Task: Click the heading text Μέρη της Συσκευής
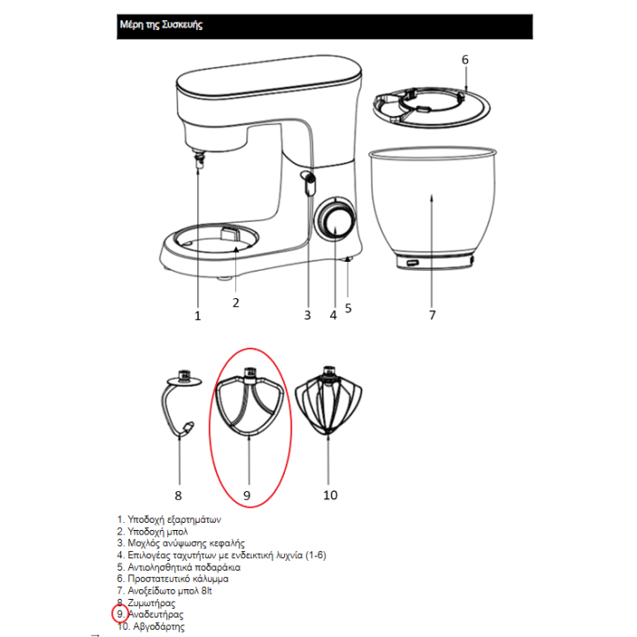tap(161, 25)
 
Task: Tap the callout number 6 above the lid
tap(464, 60)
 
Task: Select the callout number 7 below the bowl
tap(433, 315)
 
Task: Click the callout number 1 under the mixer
tap(198, 316)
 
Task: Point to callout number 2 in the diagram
tap(235, 303)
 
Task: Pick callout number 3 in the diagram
tap(308, 315)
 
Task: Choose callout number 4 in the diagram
tap(334, 315)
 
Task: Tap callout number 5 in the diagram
tap(349, 309)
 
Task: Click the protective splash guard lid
tap(432, 107)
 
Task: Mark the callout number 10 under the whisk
tap(330, 495)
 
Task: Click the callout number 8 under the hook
tap(178, 495)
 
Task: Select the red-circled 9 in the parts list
tap(120, 614)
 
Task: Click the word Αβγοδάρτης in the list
tap(159, 626)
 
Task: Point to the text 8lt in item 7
tap(206, 590)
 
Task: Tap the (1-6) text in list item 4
tap(316, 555)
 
